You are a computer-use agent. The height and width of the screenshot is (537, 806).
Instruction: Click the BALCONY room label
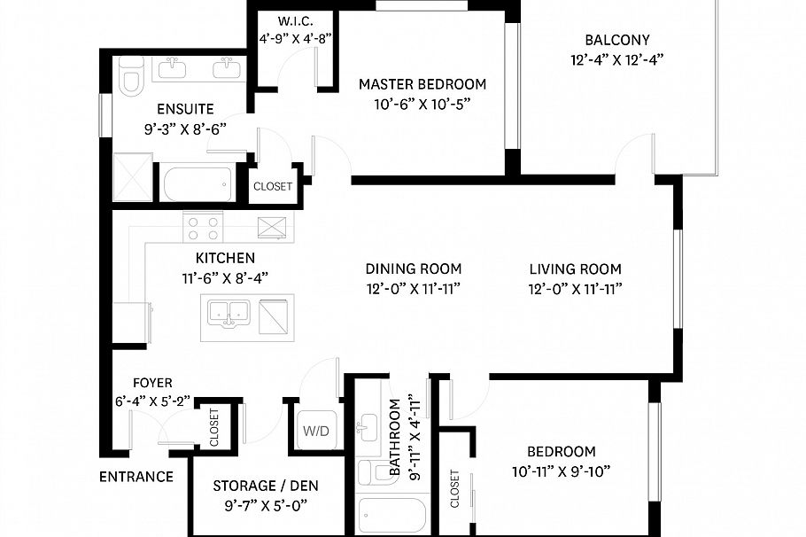tap(616, 40)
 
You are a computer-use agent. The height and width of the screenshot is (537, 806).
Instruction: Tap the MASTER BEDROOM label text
tap(422, 84)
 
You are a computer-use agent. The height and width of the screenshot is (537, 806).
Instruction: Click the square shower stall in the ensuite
tap(132, 177)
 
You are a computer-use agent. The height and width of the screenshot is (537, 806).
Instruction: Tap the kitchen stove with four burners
tap(203, 228)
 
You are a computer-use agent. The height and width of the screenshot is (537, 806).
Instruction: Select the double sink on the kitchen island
tap(229, 313)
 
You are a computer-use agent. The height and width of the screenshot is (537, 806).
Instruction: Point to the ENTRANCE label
tap(136, 477)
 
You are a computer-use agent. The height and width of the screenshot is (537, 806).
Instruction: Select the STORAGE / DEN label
tap(266, 486)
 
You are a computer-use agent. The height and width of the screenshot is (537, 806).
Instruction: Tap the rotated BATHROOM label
tap(396, 439)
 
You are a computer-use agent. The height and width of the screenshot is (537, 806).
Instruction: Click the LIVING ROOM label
tap(575, 269)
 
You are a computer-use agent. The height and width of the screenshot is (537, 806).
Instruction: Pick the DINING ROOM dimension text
tap(414, 288)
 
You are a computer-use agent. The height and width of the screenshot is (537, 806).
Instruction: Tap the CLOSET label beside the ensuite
tap(272, 187)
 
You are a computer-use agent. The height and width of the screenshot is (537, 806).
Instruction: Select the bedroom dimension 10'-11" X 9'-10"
tap(561, 471)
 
